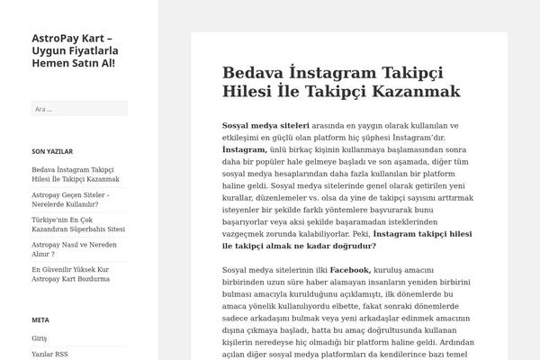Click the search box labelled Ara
pyautogui.click(x=79, y=109)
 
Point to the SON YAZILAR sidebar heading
pyautogui.click(x=52, y=151)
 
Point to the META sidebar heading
pyautogui.click(x=40, y=319)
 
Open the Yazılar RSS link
pyautogui.click(x=49, y=355)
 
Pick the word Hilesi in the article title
pyautogui.click(x=253, y=91)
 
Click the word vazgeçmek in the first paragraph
pyautogui.click(x=246, y=232)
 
